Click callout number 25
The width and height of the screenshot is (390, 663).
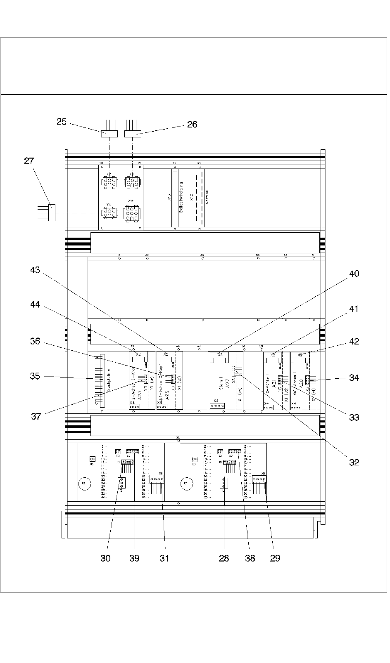tap(62, 122)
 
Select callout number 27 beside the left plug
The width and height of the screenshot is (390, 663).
tap(29, 160)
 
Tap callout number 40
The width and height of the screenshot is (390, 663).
tap(354, 274)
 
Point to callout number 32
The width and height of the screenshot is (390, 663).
tap(354, 462)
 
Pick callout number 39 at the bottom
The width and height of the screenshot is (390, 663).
tap(134, 558)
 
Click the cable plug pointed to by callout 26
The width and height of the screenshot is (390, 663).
tap(133, 134)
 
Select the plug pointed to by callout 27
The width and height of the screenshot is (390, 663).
tap(52, 212)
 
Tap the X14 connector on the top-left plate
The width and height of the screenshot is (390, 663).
tap(131, 213)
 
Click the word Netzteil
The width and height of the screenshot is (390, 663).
tap(207, 198)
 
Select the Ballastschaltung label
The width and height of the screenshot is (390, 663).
tap(181, 198)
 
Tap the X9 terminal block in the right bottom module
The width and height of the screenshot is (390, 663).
tap(260, 479)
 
